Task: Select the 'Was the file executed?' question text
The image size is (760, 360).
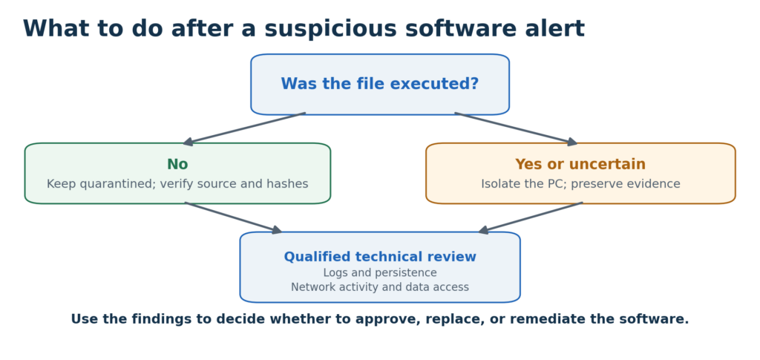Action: [380, 84]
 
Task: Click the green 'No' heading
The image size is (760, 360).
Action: [177, 164]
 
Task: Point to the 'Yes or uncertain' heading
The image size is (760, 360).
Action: [580, 164]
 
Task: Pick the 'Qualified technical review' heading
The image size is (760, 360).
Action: [380, 257]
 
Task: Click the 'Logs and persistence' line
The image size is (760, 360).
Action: [380, 273]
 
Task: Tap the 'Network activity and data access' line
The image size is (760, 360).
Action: [380, 287]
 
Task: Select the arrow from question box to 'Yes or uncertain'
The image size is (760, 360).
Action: [517, 128]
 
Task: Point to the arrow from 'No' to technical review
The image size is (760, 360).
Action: [234, 217]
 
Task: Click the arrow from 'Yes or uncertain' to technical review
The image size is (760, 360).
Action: [530, 217]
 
